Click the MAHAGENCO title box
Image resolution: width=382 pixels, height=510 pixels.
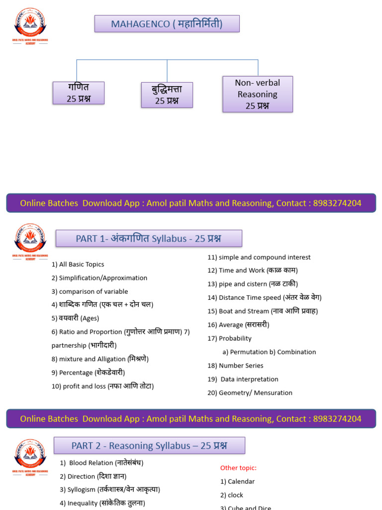(167, 24)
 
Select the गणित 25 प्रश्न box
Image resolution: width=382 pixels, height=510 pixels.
(79, 93)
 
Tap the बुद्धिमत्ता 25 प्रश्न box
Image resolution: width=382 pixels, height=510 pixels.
(167, 95)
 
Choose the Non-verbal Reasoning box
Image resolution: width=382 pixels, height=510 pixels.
(257, 94)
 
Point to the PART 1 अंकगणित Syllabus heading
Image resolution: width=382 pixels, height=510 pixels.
(149, 239)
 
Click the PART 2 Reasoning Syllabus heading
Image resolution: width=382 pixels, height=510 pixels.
(149, 446)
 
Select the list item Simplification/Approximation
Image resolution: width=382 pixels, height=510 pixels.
(99, 278)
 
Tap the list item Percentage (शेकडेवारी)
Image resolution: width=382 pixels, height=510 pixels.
(89, 373)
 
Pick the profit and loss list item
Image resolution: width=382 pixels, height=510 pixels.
(103, 386)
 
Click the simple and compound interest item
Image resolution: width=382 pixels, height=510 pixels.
(259, 257)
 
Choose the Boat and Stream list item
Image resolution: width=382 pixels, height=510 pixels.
(263, 311)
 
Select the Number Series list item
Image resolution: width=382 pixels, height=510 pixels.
(235, 366)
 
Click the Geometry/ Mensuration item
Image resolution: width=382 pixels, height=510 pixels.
(250, 392)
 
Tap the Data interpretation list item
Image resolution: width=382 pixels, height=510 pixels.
(243, 379)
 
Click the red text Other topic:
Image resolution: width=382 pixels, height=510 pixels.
(238, 468)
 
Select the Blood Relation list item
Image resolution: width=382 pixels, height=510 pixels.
(101, 463)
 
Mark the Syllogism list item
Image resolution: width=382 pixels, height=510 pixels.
(110, 490)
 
